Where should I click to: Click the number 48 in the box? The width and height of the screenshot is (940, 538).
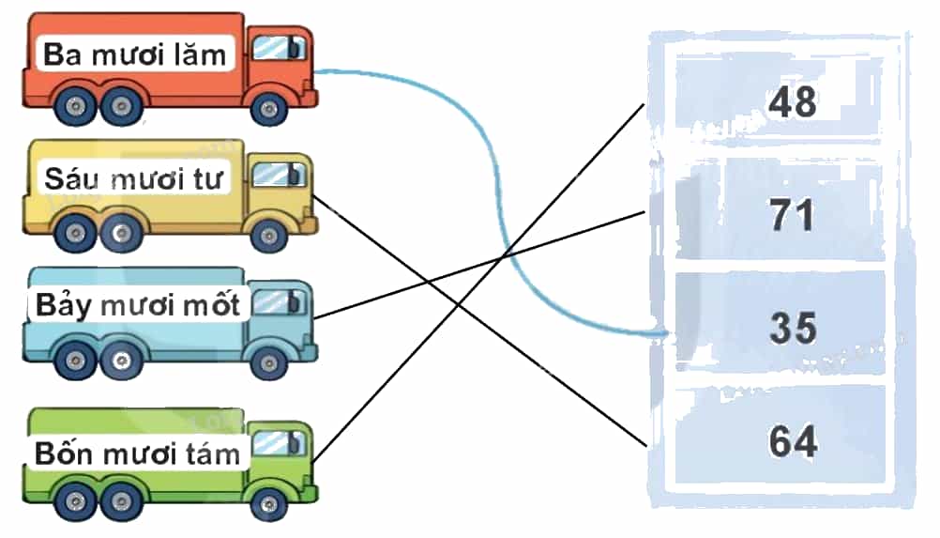coord(793,101)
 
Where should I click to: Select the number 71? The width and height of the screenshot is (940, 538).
coord(793,215)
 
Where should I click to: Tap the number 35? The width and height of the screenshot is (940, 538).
coord(793,328)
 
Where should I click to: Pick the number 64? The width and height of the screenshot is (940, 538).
coord(793,441)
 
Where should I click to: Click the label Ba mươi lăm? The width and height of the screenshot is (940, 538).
coord(134,54)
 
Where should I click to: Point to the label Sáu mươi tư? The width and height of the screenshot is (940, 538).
coord(133,178)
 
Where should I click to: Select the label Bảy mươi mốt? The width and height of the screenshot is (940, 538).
coord(138,305)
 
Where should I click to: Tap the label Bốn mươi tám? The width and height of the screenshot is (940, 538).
coord(137,453)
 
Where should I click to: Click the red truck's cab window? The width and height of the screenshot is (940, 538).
coord(278,47)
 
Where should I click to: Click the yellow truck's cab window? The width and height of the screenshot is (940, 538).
coord(278,175)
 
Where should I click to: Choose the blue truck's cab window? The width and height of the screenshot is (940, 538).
coord(278,302)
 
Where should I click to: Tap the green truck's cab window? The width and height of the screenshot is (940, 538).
coord(278,443)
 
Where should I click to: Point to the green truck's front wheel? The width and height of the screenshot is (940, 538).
coord(268,501)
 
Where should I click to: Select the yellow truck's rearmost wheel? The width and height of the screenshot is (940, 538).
coord(75,233)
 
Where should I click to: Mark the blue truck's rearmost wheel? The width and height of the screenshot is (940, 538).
coord(75,361)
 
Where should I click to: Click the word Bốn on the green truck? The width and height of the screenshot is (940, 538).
coord(59,453)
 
